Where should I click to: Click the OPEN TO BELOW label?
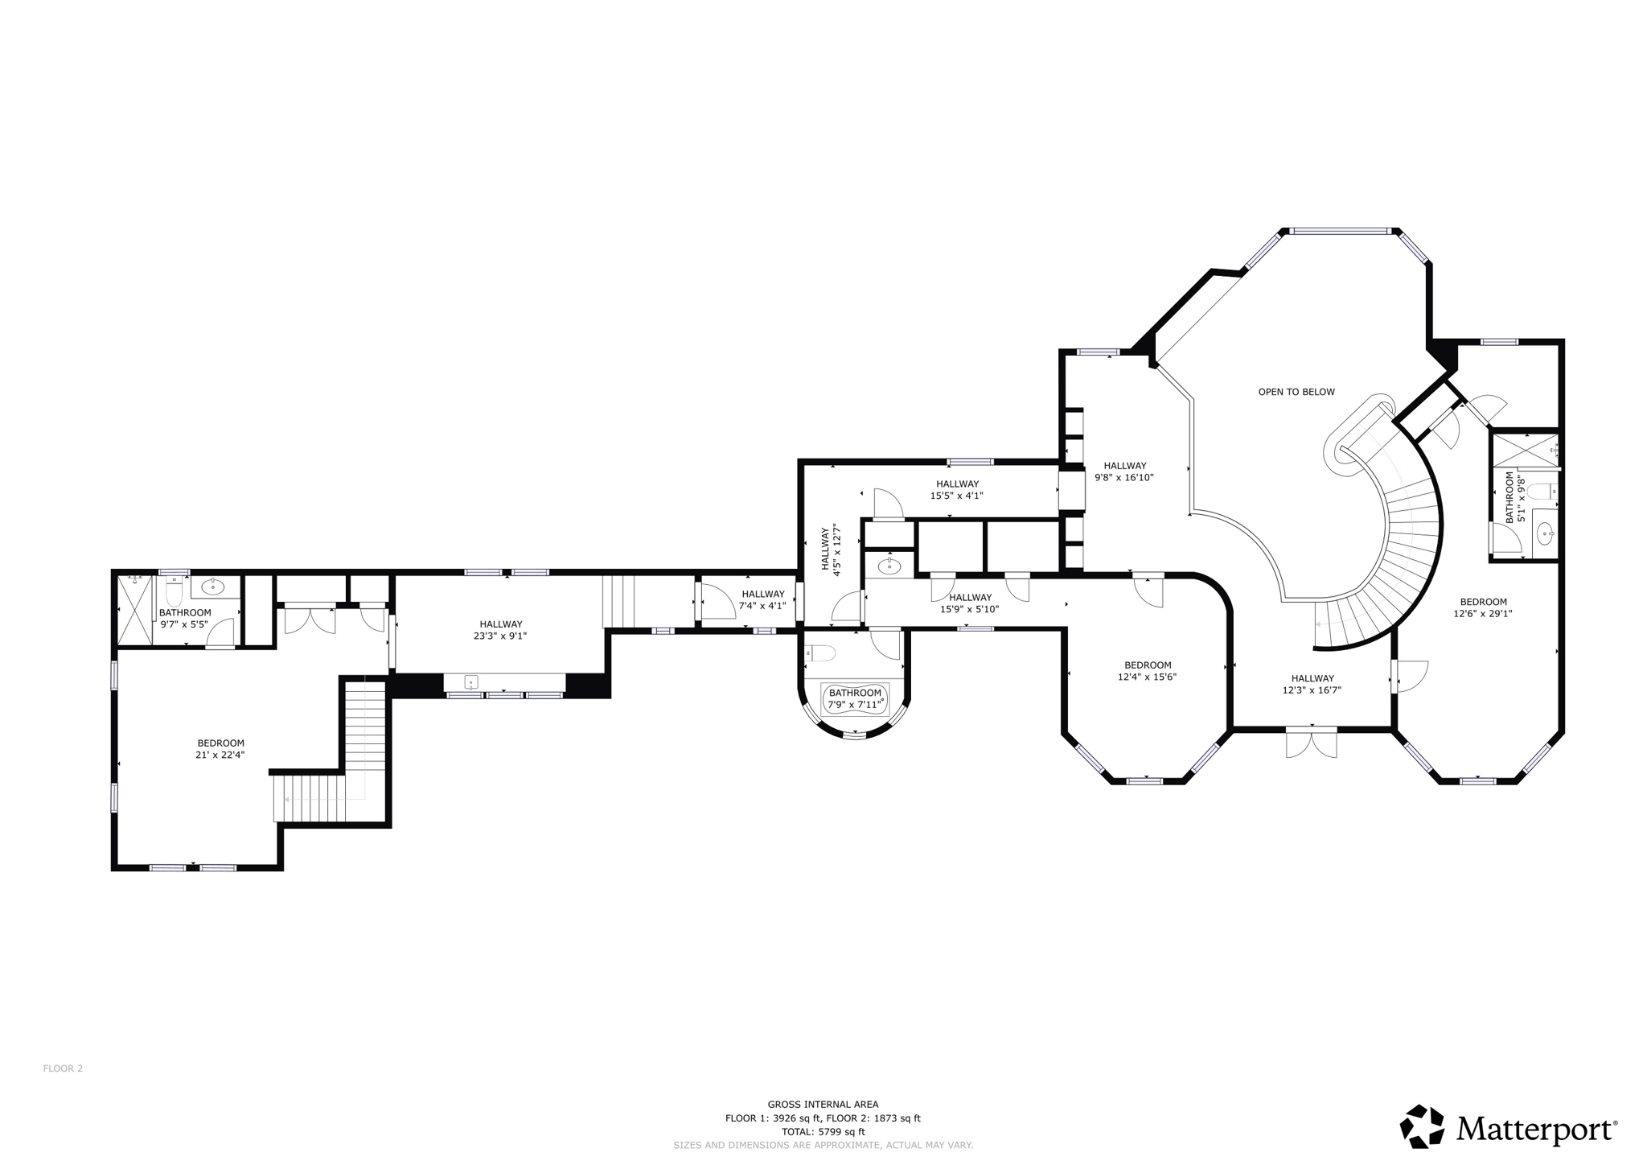(x=1296, y=392)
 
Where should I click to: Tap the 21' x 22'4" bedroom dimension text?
(x=220, y=755)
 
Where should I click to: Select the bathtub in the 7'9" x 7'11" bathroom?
(x=854, y=698)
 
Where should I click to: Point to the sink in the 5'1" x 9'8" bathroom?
(x=1545, y=532)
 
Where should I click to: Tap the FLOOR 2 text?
(x=63, y=1068)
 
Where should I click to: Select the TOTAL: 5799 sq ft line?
(x=823, y=1131)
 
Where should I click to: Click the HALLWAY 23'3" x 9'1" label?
(x=500, y=629)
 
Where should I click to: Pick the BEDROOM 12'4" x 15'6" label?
(x=1147, y=670)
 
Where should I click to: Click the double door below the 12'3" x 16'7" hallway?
(x=1311, y=743)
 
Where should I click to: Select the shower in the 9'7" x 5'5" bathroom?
(x=134, y=610)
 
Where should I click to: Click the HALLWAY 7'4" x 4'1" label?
(x=762, y=599)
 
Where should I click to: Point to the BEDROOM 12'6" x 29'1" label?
(x=1483, y=607)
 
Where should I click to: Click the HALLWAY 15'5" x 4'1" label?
(x=956, y=489)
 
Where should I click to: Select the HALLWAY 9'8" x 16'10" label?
(x=1123, y=471)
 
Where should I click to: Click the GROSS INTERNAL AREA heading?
(x=823, y=1105)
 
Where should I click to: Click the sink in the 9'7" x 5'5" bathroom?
(x=212, y=586)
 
